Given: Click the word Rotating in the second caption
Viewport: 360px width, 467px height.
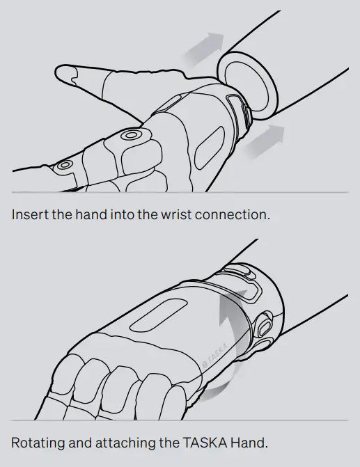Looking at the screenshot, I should (x=38, y=443).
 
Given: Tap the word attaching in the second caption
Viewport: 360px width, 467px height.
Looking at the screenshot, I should (x=123, y=443).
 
